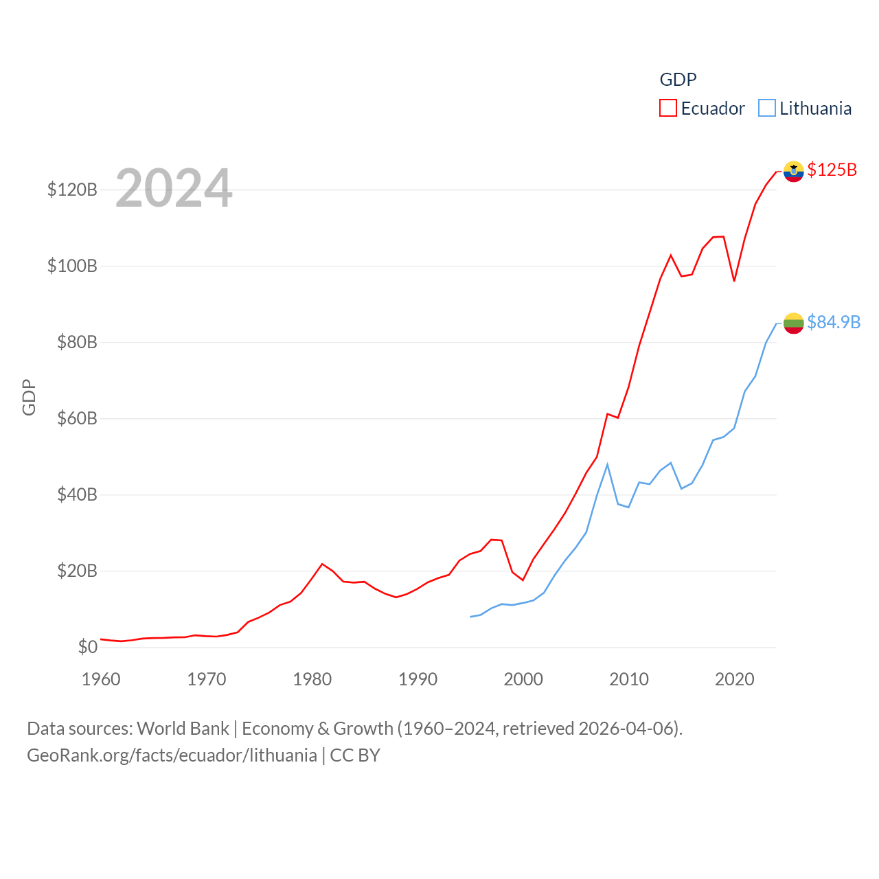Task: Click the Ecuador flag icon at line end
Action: click(x=793, y=172)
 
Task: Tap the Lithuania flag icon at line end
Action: click(x=793, y=323)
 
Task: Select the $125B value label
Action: click(x=832, y=170)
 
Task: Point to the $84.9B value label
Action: click(x=833, y=322)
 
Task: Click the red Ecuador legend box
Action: click(x=667, y=109)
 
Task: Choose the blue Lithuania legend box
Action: click(x=766, y=109)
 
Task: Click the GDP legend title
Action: click(x=678, y=80)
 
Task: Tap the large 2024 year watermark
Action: click(x=174, y=188)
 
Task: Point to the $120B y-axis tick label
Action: click(x=72, y=190)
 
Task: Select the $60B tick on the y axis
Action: click(x=77, y=418)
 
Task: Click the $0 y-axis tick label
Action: click(x=87, y=647)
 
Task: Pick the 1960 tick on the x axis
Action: click(x=101, y=679)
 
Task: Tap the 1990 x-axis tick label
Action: click(x=418, y=679)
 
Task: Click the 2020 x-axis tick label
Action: click(x=734, y=679)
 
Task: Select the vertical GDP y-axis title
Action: click(x=29, y=397)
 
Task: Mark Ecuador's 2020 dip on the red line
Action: click(x=734, y=281)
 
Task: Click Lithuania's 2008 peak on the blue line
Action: click(x=607, y=465)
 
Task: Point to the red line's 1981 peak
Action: click(x=322, y=564)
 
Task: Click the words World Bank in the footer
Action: click(x=183, y=728)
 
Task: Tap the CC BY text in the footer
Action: click(x=355, y=755)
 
